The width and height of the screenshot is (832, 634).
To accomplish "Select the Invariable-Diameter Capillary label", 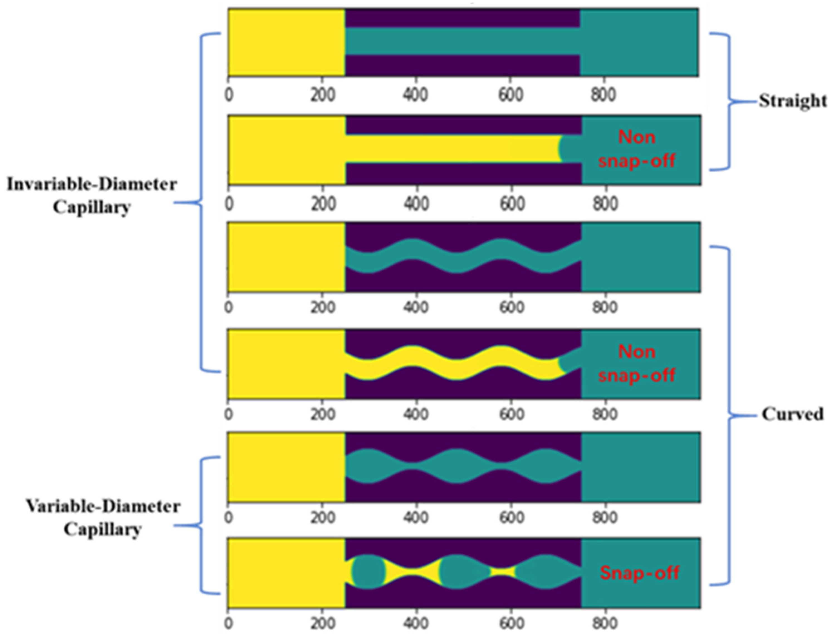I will pyautogui.click(x=92, y=195).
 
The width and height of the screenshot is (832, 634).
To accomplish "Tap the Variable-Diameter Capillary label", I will pyautogui.click(x=102, y=518).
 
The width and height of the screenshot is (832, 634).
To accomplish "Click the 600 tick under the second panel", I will pyautogui.click(x=511, y=204).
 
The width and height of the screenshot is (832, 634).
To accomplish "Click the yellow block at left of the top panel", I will pyautogui.click(x=286, y=42).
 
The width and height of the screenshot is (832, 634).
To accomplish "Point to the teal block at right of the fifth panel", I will pyautogui.click(x=640, y=467).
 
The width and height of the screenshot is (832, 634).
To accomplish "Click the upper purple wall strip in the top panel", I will pyautogui.click(x=462, y=18).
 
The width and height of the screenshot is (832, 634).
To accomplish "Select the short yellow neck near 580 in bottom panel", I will pyautogui.click(x=502, y=572).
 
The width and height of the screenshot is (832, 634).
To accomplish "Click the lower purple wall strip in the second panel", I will pyautogui.click(x=463, y=174).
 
